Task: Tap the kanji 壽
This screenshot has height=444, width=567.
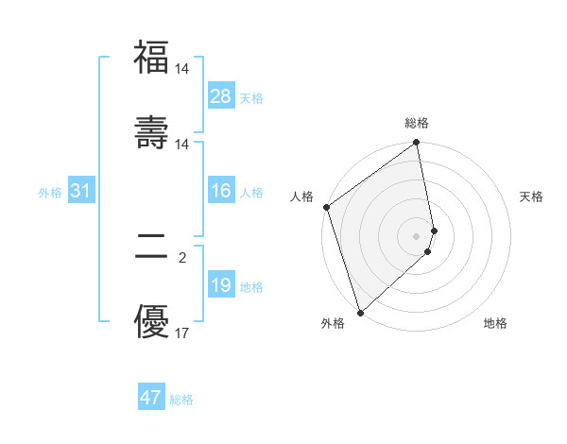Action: tap(151, 131)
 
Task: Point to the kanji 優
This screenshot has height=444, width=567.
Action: tap(151, 321)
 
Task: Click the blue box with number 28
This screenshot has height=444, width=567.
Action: tap(221, 95)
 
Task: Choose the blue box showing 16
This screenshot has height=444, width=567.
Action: tap(221, 191)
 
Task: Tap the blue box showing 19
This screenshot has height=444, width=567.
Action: tap(221, 285)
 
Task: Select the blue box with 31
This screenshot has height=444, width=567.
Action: tap(81, 191)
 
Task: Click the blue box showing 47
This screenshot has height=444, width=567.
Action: tap(151, 398)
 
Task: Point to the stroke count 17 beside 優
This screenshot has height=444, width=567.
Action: tap(182, 333)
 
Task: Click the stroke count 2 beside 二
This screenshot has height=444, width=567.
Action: tap(182, 257)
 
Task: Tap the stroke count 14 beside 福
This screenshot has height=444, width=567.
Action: tap(182, 69)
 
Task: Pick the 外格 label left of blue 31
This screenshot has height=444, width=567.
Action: tap(50, 192)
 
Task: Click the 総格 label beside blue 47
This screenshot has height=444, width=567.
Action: tap(181, 399)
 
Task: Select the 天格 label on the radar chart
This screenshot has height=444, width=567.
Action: tap(531, 196)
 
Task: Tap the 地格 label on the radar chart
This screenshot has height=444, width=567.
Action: tap(495, 323)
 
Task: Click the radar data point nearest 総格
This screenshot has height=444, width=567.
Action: tap(416, 144)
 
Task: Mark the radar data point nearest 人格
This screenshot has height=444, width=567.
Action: tap(326, 207)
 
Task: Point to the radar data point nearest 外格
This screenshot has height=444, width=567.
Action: tap(359, 311)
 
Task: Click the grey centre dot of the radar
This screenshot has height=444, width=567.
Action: tap(416, 235)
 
